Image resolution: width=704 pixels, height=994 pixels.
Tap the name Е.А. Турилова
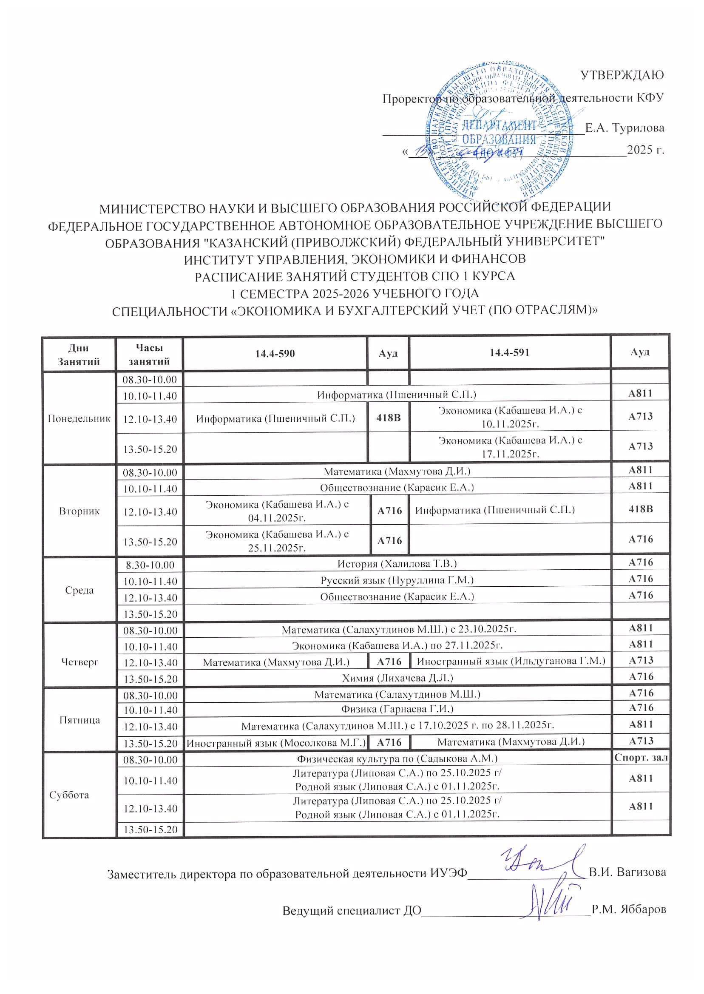tap(624, 128)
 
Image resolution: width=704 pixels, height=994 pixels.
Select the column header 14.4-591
tap(509, 353)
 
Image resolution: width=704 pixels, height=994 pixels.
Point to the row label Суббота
tap(69, 795)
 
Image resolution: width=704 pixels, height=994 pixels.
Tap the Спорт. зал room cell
tap(641, 758)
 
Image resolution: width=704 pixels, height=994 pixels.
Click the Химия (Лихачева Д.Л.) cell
tap(397, 677)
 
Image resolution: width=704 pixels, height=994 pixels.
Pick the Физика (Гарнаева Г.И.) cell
tap(397, 709)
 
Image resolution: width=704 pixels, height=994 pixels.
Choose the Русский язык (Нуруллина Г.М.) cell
tap(397, 580)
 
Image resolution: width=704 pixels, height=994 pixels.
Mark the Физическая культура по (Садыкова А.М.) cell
tap(397, 758)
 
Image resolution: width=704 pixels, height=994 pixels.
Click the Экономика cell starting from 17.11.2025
tap(510, 446)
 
